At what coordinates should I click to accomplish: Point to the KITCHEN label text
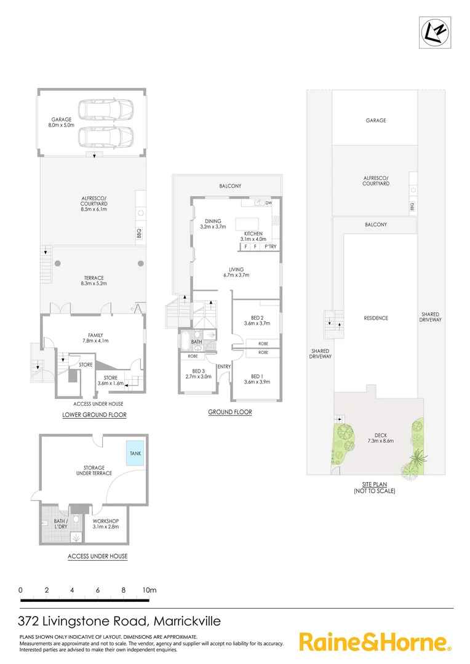[253, 234]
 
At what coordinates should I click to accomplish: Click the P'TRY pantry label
[269, 247]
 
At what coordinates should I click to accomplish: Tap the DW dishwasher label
[269, 202]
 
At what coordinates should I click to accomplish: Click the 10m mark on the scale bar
[149, 591]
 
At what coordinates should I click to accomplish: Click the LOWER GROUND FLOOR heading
[94, 415]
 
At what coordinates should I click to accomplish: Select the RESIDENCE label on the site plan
[376, 318]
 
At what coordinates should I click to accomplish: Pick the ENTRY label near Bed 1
[224, 367]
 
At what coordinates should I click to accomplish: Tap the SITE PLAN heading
[375, 484]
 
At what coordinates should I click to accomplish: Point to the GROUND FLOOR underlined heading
[229, 412]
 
